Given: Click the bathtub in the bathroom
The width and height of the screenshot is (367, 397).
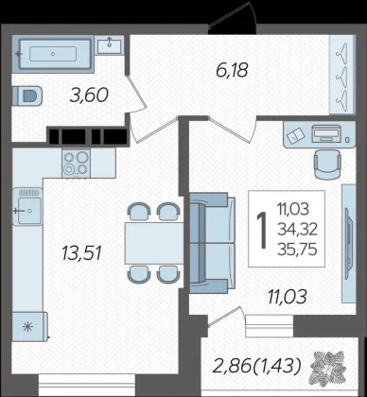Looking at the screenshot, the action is (x=53, y=54).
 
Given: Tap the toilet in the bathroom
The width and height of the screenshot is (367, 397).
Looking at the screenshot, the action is (x=27, y=95).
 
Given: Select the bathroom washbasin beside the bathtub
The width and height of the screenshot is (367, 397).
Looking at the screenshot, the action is (x=109, y=45).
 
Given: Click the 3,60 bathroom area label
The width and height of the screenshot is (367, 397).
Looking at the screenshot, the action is (x=89, y=95).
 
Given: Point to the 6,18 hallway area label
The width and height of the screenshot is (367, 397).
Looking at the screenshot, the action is (x=232, y=70).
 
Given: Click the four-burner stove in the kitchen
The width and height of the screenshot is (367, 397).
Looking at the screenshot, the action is (x=76, y=164).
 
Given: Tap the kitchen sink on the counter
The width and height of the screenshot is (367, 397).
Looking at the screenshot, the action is (x=27, y=207).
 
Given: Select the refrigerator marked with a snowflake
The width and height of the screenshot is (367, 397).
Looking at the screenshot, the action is (x=29, y=326).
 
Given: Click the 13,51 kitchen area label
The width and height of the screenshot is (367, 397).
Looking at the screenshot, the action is (x=81, y=253).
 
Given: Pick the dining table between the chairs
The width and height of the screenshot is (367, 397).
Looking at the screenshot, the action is (x=154, y=243).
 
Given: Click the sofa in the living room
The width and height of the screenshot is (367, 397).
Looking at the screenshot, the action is (x=213, y=243).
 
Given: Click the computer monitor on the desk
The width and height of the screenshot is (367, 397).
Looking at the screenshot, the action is (x=326, y=133).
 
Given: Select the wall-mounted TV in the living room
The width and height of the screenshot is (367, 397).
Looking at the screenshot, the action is (x=349, y=244).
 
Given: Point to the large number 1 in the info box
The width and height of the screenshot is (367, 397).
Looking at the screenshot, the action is (x=262, y=230).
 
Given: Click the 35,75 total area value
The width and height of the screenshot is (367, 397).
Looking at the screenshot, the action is (x=297, y=250).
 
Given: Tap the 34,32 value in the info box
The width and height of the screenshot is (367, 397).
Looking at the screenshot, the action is (x=297, y=231).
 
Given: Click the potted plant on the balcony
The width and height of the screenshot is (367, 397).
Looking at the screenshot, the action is (x=328, y=369).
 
